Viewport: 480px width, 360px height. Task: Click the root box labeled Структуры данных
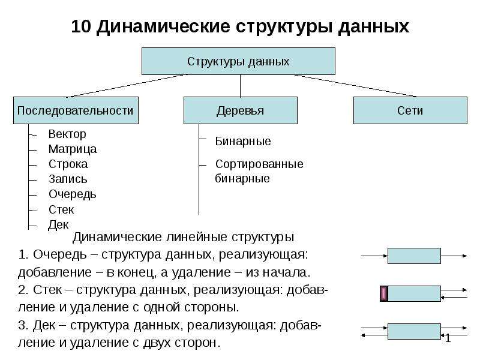point(238,61)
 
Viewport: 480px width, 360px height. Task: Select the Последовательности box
point(76,110)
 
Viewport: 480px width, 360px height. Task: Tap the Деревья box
point(241,110)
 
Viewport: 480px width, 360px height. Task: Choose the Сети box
point(410,110)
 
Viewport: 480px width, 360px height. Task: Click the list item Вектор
point(67,134)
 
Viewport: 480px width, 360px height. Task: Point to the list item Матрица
point(73,149)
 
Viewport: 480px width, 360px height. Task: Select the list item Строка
point(68,164)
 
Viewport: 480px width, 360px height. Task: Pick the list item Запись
point(68,179)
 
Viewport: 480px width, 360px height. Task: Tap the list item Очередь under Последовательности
point(73,194)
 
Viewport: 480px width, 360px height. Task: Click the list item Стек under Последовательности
point(61,209)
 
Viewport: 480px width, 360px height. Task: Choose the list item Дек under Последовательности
point(58,224)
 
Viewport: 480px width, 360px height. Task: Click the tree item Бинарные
point(243,142)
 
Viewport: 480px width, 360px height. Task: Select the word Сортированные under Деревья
point(259,164)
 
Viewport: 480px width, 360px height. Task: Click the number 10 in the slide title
point(81,26)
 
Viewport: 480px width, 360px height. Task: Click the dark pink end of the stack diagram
point(384,293)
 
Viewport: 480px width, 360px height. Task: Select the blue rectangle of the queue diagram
point(414,256)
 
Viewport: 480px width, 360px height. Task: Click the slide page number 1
point(448,338)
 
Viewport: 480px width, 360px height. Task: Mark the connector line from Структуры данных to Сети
point(356,86)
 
